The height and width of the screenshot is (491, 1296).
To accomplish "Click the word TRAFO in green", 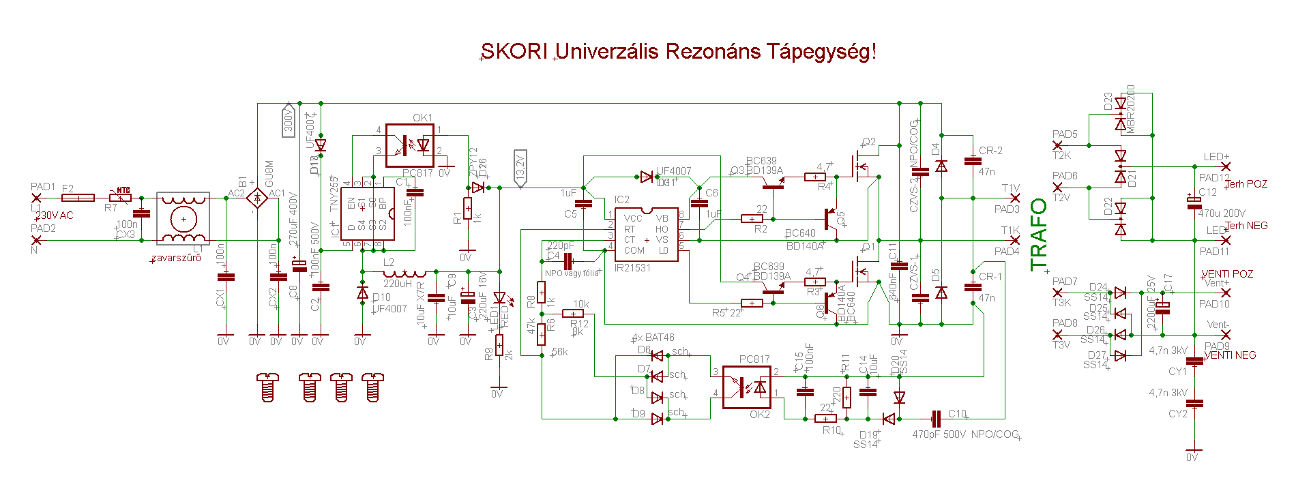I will [x=1038, y=235].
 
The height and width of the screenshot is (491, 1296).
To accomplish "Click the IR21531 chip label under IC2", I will [x=632, y=268].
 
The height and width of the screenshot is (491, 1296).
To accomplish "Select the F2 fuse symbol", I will [x=78, y=198].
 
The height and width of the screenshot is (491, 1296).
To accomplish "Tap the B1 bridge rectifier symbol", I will [x=256, y=198].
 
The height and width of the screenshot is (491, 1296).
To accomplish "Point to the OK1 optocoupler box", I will [x=409, y=145].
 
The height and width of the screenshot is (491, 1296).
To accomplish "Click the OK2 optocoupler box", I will [x=746, y=387].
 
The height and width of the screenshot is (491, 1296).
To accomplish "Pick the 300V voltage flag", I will [x=289, y=120].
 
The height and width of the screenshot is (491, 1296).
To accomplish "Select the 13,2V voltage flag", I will [x=520, y=168].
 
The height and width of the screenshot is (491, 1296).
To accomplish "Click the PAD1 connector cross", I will [x=36, y=198].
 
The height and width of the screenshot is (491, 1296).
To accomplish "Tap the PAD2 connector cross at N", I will [x=36, y=240].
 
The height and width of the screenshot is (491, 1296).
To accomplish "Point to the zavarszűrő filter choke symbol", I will [x=183, y=218].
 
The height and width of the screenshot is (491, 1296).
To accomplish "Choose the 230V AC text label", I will [x=55, y=215].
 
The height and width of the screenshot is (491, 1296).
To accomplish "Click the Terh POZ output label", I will [x=1246, y=184].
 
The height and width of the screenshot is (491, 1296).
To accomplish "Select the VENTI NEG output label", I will [x=1230, y=355].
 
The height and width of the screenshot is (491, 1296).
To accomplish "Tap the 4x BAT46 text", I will [x=653, y=338].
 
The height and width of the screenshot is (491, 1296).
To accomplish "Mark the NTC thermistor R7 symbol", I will [x=121, y=198].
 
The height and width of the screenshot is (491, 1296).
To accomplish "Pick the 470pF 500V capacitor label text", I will [x=939, y=434].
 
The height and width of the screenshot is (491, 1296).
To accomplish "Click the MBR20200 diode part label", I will [x=1131, y=109].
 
